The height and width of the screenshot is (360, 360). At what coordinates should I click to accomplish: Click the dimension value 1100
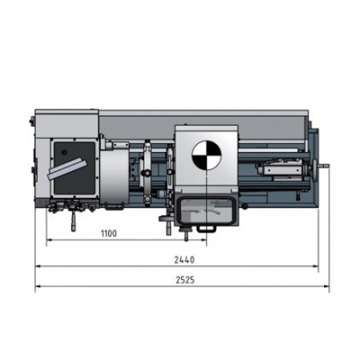click(109, 234)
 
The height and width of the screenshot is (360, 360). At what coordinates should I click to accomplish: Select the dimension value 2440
click(184, 260)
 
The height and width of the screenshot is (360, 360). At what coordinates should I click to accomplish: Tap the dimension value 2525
click(185, 280)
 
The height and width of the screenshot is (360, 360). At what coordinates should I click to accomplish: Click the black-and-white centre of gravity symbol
click(206, 155)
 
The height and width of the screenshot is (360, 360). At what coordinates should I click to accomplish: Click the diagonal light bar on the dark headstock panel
click(66, 169)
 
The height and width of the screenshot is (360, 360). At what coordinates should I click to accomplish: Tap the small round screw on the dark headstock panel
click(64, 152)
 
